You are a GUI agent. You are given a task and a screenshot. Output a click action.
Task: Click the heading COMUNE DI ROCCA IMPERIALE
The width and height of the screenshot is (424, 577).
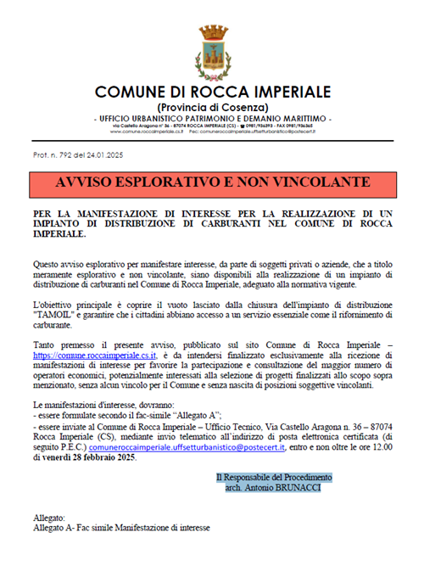(213, 92)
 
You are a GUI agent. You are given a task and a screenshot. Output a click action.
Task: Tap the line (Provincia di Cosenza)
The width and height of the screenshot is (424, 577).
(213, 107)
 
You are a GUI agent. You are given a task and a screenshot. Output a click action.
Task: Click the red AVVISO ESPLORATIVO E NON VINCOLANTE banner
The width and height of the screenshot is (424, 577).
(213, 182)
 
